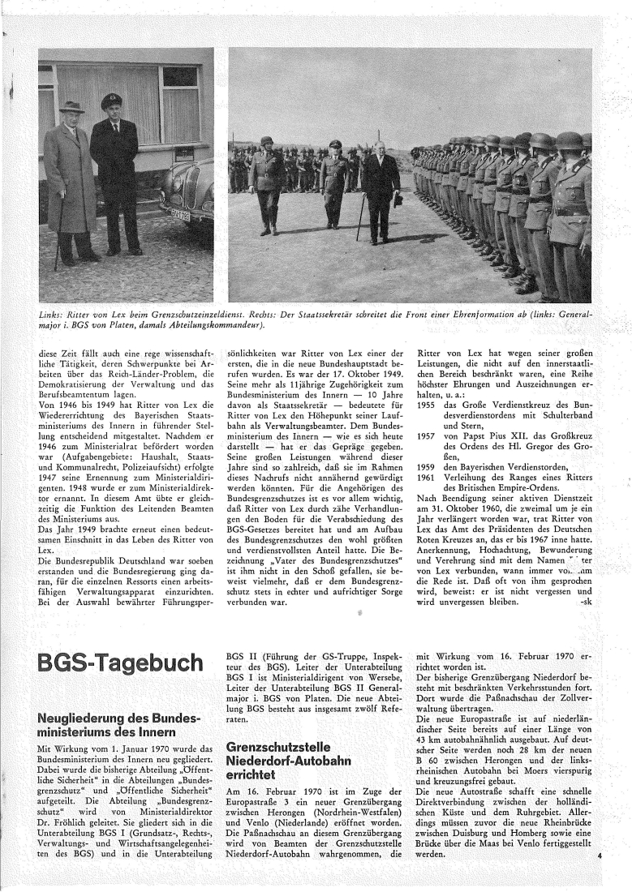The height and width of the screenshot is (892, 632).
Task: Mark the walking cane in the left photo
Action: tap(58, 235)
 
